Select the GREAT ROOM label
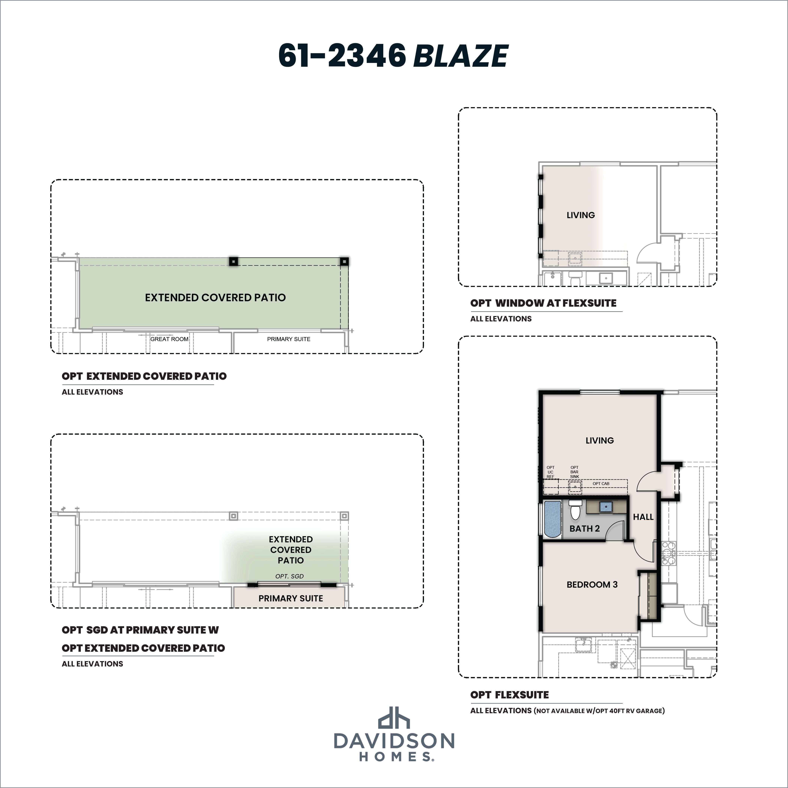[x=169, y=339]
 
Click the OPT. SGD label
[x=290, y=576]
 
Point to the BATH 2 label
[x=584, y=529]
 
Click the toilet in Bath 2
[x=575, y=510]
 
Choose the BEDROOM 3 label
[x=592, y=584]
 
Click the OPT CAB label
[x=601, y=484]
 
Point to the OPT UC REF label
[x=550, y=472]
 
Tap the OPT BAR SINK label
[x=574, y=472]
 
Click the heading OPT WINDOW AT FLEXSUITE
[x=543, y=303]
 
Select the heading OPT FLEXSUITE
[x=509, y=695]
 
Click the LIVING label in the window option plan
[x=580, y=215]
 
